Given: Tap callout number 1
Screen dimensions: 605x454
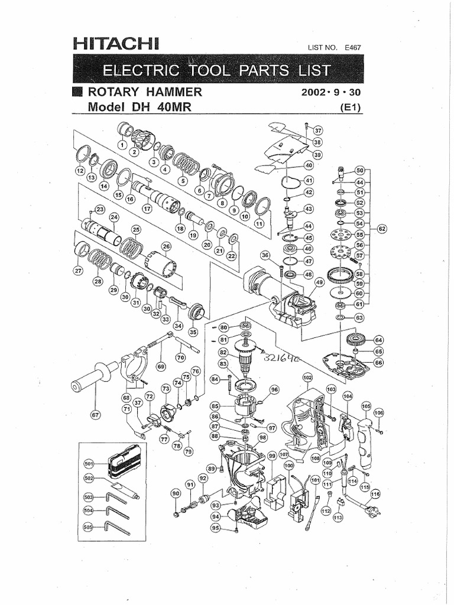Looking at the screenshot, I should click(x=122, y=144).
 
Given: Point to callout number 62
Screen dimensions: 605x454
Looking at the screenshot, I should click(x=381, y=228).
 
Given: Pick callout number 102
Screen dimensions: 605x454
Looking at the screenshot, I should click(x=307, y=377).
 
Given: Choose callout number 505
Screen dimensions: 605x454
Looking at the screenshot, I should click(x=89, y=523).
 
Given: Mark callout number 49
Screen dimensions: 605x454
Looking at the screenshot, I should click(x=320, y=282).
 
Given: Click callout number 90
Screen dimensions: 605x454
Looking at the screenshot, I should click(x=175, y=493).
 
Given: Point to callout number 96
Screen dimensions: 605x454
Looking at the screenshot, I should click(x=274, y=389).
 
